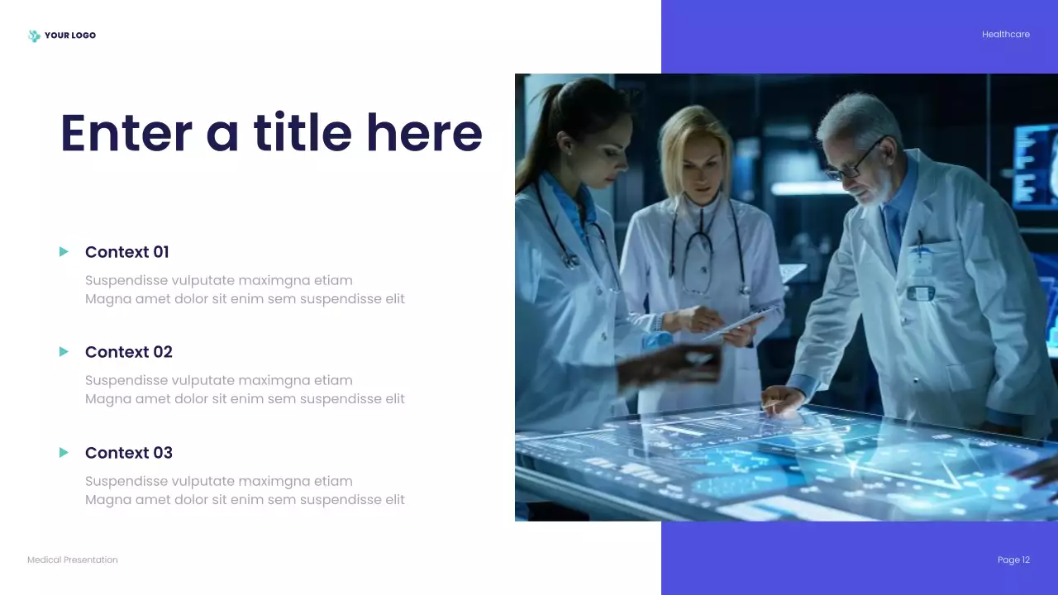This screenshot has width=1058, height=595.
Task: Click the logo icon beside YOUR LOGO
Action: point(34,36)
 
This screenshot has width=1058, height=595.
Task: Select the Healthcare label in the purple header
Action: point(1005,35)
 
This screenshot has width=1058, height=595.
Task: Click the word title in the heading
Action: point(303,133)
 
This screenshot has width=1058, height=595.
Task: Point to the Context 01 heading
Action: point(126,252)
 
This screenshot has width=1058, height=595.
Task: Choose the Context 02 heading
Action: point(128,352)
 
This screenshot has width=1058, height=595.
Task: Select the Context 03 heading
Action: point(128,453)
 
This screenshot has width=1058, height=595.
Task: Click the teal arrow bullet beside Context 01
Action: point(64,251)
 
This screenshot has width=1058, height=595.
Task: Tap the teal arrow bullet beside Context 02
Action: point(64,352)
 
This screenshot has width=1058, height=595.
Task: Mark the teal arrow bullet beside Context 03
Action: point(64,452)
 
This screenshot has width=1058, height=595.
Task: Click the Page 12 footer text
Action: point(1013,560)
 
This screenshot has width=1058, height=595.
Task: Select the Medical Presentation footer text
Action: point(73,560)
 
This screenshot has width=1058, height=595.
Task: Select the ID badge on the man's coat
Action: point(920,292)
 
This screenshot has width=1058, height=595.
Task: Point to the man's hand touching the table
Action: point(781,400)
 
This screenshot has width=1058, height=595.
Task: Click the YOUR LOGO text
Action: point(70,36)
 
